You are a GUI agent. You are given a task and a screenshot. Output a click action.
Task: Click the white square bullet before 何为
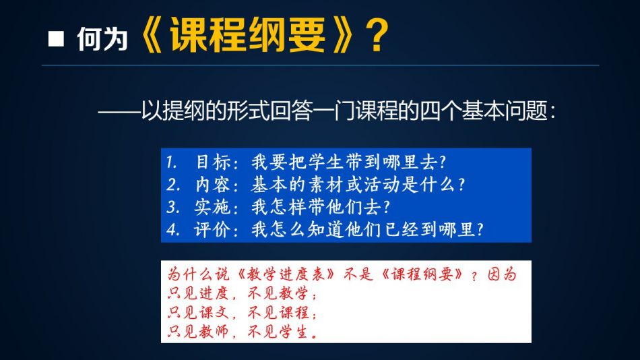[x=56, y=39]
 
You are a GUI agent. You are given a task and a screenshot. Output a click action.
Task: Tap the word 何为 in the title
[x=102, y=39]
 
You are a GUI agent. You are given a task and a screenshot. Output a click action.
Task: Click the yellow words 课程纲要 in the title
[x=248, y=36]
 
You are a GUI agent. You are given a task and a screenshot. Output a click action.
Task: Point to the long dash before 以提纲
[x=119, y=111]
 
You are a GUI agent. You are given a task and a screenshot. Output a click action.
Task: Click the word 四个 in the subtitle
[x=440, y=111]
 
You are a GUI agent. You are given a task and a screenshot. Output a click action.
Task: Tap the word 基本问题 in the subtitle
[x=505, y=111]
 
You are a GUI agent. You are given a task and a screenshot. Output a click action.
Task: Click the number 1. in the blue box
[x=171, y=162]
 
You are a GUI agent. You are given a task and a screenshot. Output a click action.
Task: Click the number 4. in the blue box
[x=173, y=230]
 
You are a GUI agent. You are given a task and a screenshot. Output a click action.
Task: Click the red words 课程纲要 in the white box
[x=422, y=274]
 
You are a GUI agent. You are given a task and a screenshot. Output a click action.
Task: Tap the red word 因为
[x=503, y=274]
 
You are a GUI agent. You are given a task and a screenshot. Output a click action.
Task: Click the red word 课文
[x=214, y=313]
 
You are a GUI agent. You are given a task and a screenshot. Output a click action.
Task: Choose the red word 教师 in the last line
[x=214, y=332]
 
